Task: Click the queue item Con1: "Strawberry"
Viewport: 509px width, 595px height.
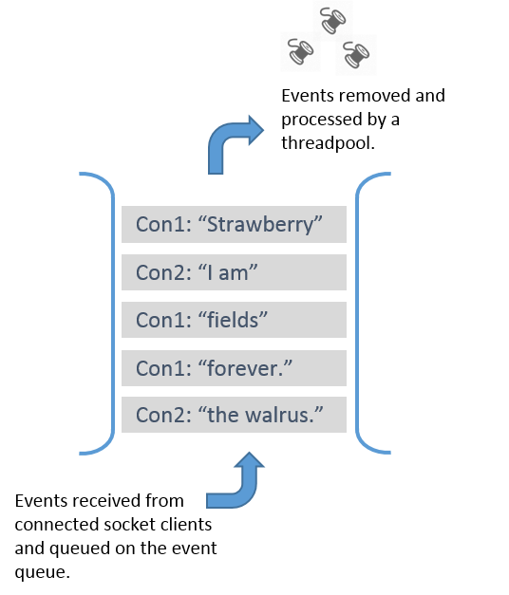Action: click(x=234, y=225)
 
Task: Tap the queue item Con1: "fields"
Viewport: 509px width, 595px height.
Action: click(x=234, y=320)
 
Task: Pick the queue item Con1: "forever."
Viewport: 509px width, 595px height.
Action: click(x=234, y=367)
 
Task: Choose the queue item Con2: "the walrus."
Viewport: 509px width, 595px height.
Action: click(x=234, y=415)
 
